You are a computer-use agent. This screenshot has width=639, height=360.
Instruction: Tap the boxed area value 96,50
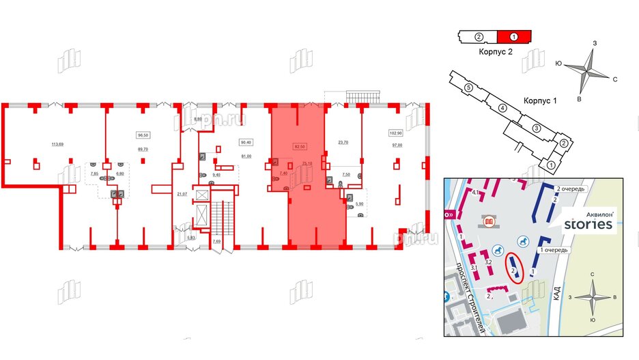click(143, 136)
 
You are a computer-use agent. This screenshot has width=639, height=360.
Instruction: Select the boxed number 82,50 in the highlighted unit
click(298, 146)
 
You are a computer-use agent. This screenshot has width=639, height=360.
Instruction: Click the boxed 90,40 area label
click(246, 143)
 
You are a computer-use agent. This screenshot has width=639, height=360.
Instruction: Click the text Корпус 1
click(541, 100)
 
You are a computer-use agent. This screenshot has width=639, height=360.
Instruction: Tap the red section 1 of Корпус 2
click(513, 36)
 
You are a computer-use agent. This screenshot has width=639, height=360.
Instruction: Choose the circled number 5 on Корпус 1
click(468, 88)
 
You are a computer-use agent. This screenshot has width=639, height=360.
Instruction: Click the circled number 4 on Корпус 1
click(501, 108)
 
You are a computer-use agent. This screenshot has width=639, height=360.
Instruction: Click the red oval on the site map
click(515, 268)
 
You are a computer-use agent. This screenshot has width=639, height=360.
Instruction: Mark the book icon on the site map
click(488, 222)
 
